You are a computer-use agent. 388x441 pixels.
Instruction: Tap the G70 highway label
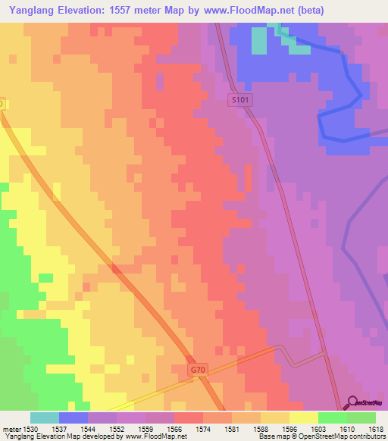[197, 370]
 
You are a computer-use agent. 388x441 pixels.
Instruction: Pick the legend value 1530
[30, 427]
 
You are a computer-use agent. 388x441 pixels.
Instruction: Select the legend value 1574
[203, 427]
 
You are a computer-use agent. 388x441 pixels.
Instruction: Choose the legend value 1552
[117, 427]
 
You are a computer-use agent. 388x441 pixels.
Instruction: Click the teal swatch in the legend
[45, 417]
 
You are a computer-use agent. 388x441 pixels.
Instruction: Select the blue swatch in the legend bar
[74, 417]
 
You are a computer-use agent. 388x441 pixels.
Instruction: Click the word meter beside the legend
[10, 427]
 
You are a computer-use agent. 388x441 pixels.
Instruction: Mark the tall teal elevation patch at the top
[259, 39]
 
